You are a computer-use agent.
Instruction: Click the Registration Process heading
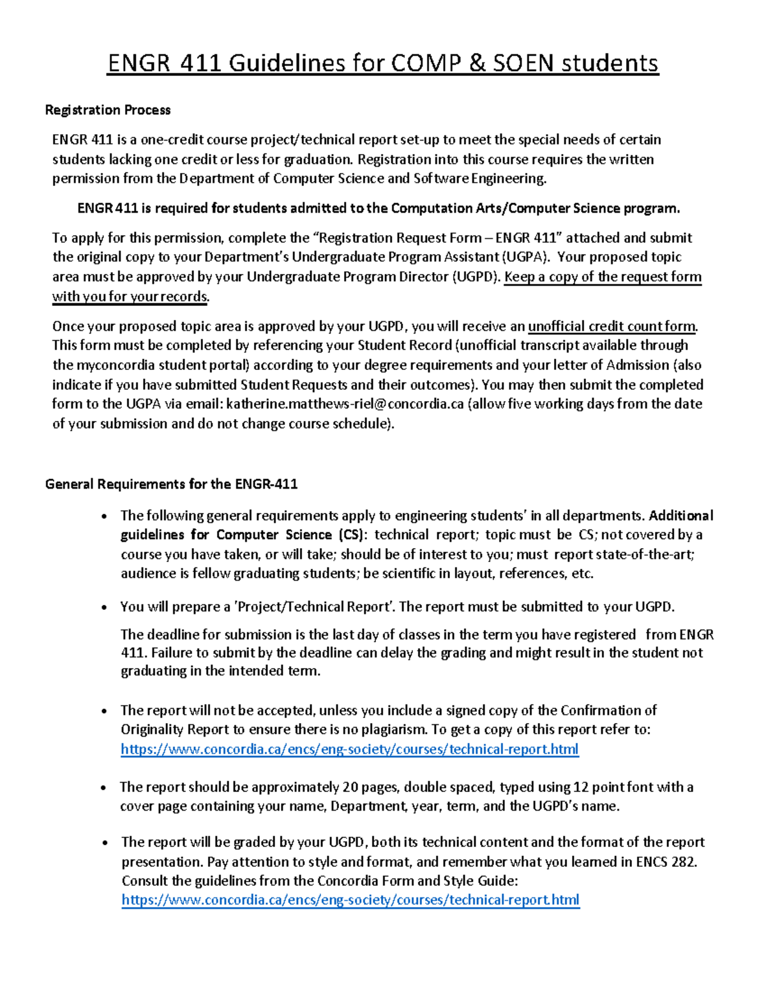pos(108,110)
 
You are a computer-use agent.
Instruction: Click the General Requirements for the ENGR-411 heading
pos(171,484)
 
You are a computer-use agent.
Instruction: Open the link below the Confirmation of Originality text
pos(349,749)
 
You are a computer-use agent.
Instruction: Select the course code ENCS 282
pos(665,862)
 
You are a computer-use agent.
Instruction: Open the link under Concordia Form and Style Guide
pos(350,900)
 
